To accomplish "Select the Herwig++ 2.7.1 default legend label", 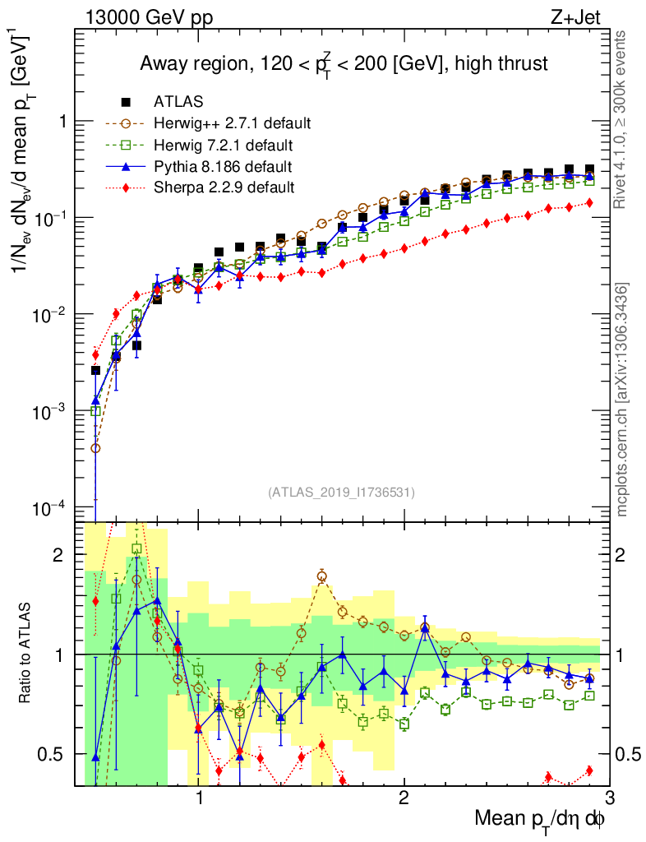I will pos(232,124).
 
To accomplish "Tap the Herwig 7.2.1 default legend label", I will pos(224,146).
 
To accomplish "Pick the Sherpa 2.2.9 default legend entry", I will pos(224,187).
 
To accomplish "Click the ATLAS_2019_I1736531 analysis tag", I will pos(341,493).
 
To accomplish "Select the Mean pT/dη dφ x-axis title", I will pos(541,819).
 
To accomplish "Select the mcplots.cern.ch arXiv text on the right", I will pos(624,400).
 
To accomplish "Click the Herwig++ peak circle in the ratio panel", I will pos(322,576).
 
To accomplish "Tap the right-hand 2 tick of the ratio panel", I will pos(625,555).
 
